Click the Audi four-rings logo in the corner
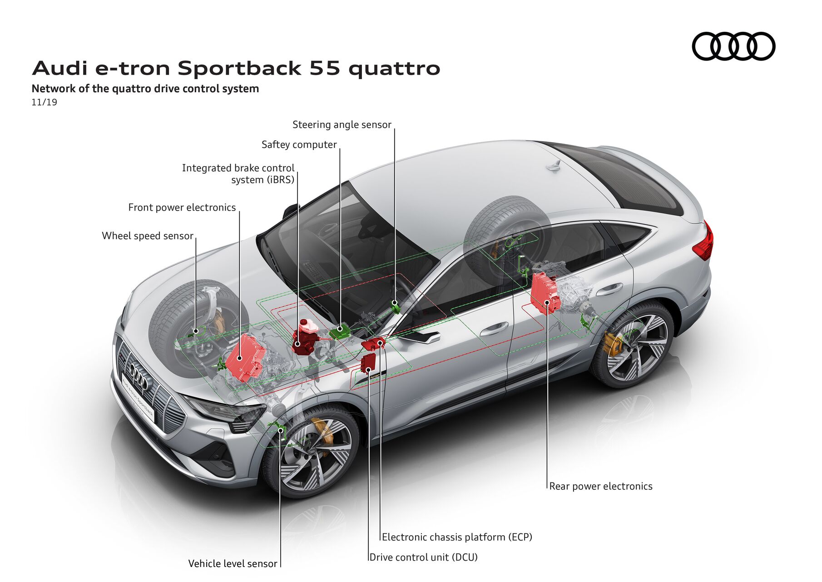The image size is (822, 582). pyautogui.click(x=733, y=46)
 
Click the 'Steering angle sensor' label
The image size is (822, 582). pyautogui.click(x=342, y=125)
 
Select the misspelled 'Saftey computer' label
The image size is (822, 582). pyautogui.click(x=299, y=145)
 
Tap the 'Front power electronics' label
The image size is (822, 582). pyautogui.click(x=182, y=207)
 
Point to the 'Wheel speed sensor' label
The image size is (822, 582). pyautogui.click(x=148, y=236)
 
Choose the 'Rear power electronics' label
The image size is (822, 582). pyautogui.click(x=600, y=486)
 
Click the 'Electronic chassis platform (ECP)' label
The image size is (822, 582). pyautogui.click(x=457, y=537)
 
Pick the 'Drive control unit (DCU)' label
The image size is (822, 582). pyautogui.click(x=423, y=557)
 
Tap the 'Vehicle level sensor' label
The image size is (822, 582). pyautogui.click(x=233, y=563)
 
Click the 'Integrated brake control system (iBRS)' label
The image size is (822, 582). pyautogui.click(x=238, y=174)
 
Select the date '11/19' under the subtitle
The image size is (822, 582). pyautogui.click(x=44, y=102)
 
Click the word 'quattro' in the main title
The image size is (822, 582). pyautogui.click(x=394, y=68)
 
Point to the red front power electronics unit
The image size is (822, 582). pyautogui.click(x=245, y=357)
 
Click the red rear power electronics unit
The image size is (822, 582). pyautogui.click(x=545, y=292)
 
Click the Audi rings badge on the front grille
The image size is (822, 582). pyautogui.click(x=138, y=374)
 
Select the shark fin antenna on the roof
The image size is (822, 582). pyautogui.click(x=555, y=166)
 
